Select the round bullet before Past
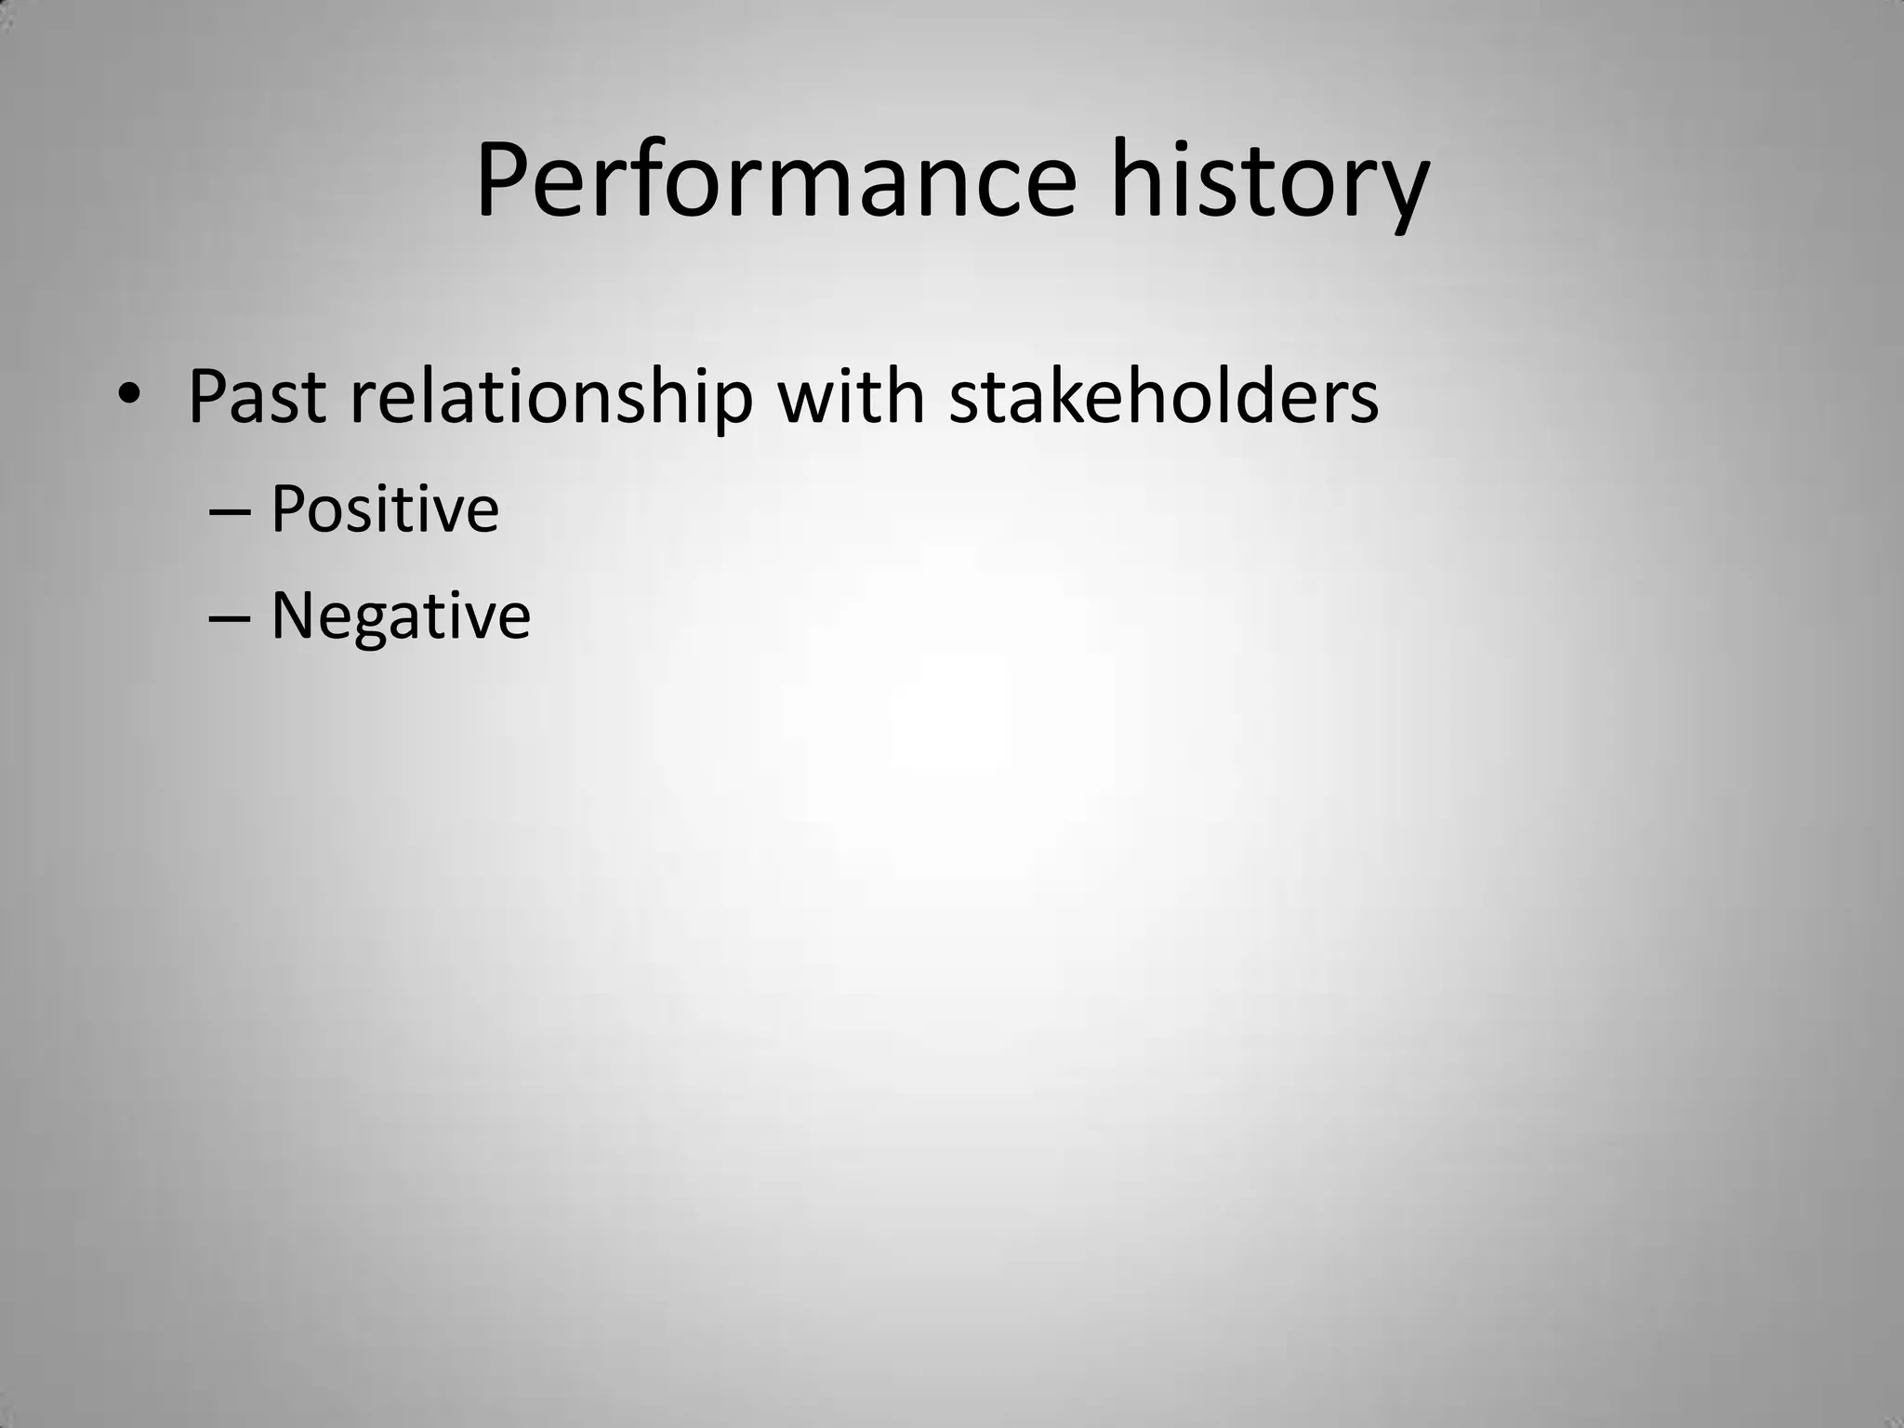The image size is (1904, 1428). point(128,394)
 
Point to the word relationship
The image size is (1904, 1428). point(551,398)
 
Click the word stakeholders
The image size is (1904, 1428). point(1163,398)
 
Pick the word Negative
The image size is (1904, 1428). point(401,616)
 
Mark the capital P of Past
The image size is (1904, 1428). point(208,398)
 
